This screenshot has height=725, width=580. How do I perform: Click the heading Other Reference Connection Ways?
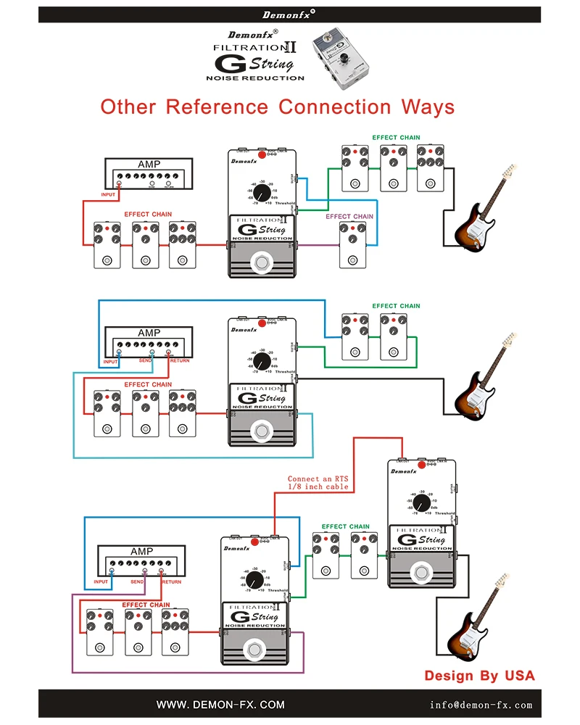tap(278, 107)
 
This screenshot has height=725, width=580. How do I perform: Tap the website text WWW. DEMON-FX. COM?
tap(220, 704)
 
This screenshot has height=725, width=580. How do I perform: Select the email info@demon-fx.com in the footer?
tap(481, 704)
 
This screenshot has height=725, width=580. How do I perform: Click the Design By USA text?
tap(479, 676)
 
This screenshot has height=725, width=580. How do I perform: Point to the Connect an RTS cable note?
tap(318, 483)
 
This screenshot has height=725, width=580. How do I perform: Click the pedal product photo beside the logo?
tap(344, 59)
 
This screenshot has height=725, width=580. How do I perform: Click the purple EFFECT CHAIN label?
tap(349, 216)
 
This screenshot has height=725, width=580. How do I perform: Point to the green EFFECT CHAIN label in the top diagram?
tap(396, 137)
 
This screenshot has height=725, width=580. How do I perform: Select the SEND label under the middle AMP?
tap(146, 360)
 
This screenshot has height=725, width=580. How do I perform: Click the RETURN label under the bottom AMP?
tap(172, 581)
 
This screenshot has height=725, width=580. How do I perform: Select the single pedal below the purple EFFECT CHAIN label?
tap(353, 245)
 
